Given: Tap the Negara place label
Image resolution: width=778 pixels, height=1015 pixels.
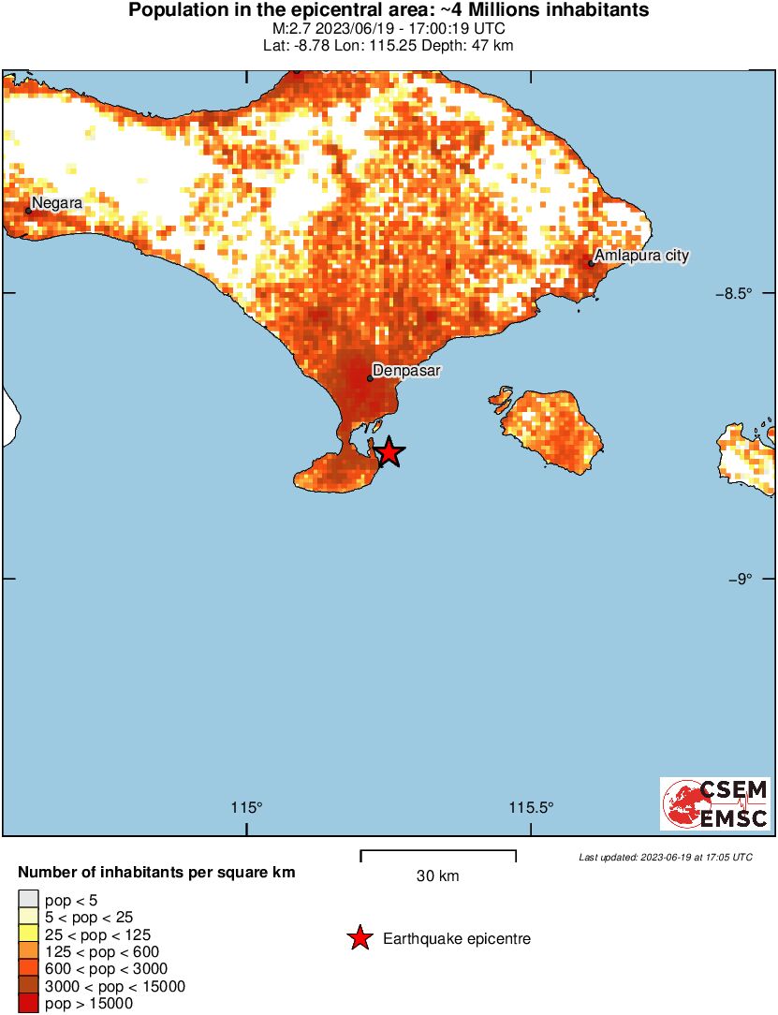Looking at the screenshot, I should point(57,202).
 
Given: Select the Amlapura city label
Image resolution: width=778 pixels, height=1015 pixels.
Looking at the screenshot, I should point(641,256).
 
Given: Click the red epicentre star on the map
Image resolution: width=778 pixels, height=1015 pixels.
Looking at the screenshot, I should point(389,453).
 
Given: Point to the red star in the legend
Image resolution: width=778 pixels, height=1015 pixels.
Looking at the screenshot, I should point(359,938).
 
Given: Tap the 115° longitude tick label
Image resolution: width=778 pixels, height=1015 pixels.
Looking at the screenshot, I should point(247,808).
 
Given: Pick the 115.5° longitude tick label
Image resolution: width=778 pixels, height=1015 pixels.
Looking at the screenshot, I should point(531,808).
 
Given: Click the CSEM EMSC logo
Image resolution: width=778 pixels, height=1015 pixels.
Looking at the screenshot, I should point(715,803).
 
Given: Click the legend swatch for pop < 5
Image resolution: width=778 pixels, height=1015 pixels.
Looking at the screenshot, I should point(28,901).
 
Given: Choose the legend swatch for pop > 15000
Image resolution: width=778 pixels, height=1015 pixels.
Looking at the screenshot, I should point(28,1004).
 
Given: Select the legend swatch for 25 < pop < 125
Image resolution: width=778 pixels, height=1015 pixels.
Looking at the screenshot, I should point(28,934).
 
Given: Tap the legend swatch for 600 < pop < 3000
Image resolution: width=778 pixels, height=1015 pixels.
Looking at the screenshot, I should point(28,969).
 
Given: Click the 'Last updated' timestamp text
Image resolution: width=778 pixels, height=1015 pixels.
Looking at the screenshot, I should point(665,857).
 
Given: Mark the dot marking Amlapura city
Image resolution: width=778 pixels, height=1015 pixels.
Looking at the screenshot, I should point(592,263).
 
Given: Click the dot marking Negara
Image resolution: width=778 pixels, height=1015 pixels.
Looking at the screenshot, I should point(28,211).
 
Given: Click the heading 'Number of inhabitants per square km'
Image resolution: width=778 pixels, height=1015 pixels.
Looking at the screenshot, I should point(156,873).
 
